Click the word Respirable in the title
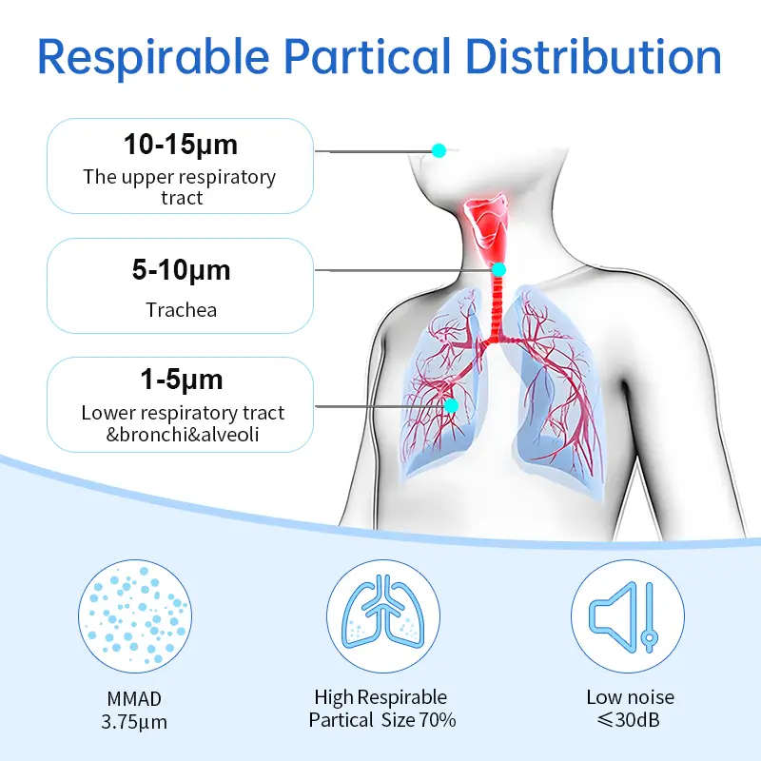click(x=153, y=57)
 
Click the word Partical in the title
click(x=367, y=56)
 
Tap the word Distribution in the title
click(x=594, y=56)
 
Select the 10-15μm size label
click(x=181, y=145)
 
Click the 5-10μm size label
click(x=181, y=270)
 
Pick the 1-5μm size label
click(x=181, y=380)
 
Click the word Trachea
click(x=181, y=310)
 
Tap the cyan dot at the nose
click(x=439, y=150)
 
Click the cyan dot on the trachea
click(x=498, y=269)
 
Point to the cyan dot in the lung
click(x=451, y=405)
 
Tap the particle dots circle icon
click(x=135, y=616)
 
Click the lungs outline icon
click(x=383, y=616)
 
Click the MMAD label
click(x=134, y=699)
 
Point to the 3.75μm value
click(x=134, y=722)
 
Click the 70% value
click(x=438, y=720)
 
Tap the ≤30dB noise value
click(x=629, y=720)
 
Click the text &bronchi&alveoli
click(x=183, y=435)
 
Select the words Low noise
click(x=631, y=697)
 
